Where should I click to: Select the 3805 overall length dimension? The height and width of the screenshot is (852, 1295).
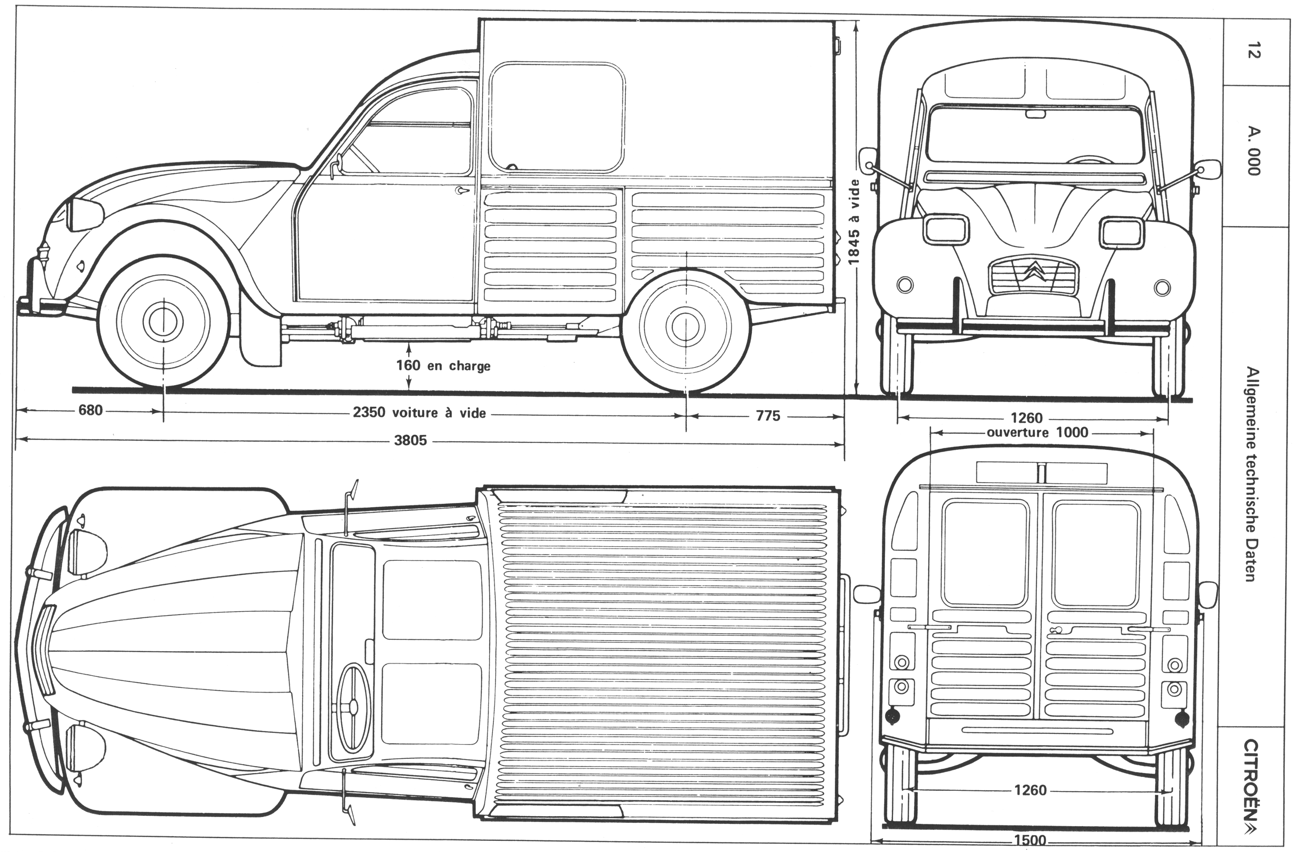tap(410, 440)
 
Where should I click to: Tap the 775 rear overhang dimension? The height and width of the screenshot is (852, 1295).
tap(768, 416)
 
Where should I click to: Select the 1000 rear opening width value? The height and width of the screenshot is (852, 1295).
tap(1072, 432)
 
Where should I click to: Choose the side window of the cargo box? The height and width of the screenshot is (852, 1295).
tap(556, 117)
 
